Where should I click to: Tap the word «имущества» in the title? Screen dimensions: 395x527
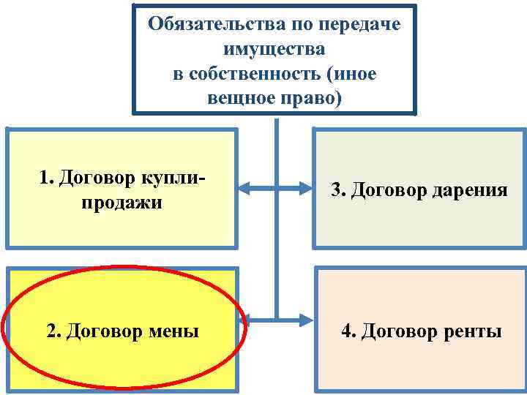(x=274, y=49)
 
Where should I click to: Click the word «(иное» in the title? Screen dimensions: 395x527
(x=354, y=74)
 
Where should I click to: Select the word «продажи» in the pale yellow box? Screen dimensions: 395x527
(x=122, y=202)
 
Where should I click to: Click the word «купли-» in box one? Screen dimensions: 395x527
(x=176, y=177)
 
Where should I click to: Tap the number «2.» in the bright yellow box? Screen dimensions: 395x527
(x=54, y=331)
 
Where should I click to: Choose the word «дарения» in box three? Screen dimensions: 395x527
(x=471, y=190)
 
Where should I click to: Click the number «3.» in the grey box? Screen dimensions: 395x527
(x=337, y=190)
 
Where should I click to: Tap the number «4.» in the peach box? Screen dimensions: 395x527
(x=348, y=331)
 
